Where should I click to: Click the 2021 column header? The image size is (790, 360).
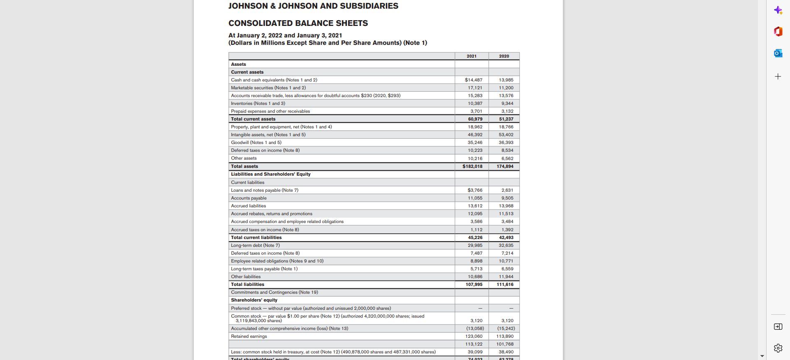[x=472, y=56]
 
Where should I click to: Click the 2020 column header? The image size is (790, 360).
[x=504, y=56]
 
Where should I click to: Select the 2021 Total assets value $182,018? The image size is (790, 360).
[x=472, y=166]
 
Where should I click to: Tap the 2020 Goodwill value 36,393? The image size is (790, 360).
[x=506, y=142]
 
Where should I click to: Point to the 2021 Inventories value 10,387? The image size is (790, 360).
[x=475, y=103]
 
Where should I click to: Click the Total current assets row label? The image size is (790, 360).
[x=253, y=119]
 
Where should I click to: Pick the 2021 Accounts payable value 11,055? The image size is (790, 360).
[x=475, y=198]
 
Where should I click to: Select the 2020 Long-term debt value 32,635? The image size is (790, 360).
[x=506, y=245]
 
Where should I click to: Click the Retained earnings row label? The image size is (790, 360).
[x=249, y=336]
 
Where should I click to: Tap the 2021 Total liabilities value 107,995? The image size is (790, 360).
[x=474, y=284]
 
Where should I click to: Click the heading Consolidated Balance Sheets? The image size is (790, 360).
[x=298, y=23]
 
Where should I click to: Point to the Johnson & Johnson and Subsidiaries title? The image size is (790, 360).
[x=313, y=6]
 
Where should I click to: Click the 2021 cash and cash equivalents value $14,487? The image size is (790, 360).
[x=474, y=80]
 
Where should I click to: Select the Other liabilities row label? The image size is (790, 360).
[x=246, y=276]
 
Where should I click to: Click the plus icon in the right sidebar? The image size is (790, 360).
[x=778, y=77]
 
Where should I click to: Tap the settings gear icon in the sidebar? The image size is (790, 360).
[x=778, y=348]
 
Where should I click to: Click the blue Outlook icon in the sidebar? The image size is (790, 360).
[x=778, y=53]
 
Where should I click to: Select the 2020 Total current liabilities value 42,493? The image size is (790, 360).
[x=506, y=237]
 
